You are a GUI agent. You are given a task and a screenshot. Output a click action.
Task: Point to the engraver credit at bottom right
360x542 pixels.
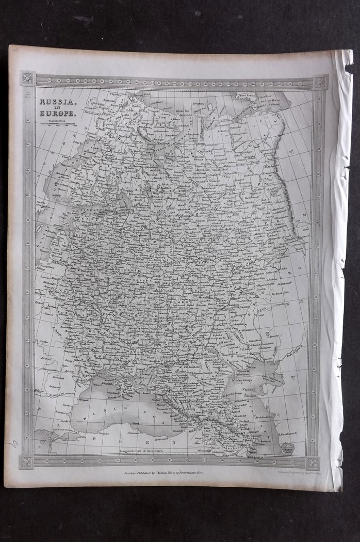[297, 472]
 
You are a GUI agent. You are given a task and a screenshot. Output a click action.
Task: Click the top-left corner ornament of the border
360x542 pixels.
[27, 78]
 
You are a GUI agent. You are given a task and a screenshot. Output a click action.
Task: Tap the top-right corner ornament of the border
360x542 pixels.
[320, 82]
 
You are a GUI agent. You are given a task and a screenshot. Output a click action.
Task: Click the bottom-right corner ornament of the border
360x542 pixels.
[313, 462]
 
